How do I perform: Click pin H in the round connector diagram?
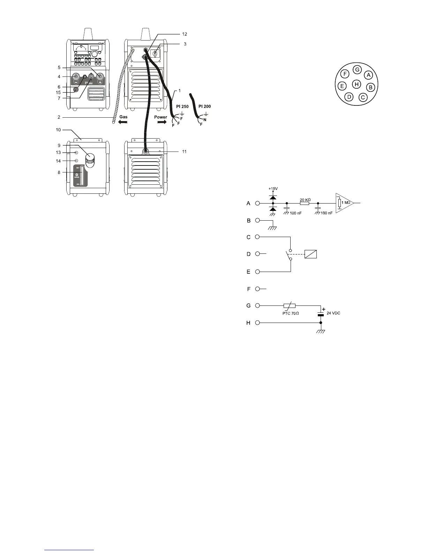356,84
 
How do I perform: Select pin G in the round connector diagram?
357,69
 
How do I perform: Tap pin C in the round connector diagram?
363,97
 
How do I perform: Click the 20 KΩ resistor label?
305,200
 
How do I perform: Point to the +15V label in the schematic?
273,189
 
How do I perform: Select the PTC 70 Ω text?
290,313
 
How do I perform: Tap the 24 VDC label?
333,313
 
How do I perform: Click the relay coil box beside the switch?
310,254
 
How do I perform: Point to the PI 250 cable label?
182,106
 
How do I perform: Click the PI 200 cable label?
204,106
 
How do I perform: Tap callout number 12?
185,34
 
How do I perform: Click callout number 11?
184,152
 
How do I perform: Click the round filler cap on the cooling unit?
91,160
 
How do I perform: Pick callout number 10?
58,130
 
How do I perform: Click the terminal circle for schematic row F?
257,289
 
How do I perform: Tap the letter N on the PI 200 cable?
205,119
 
